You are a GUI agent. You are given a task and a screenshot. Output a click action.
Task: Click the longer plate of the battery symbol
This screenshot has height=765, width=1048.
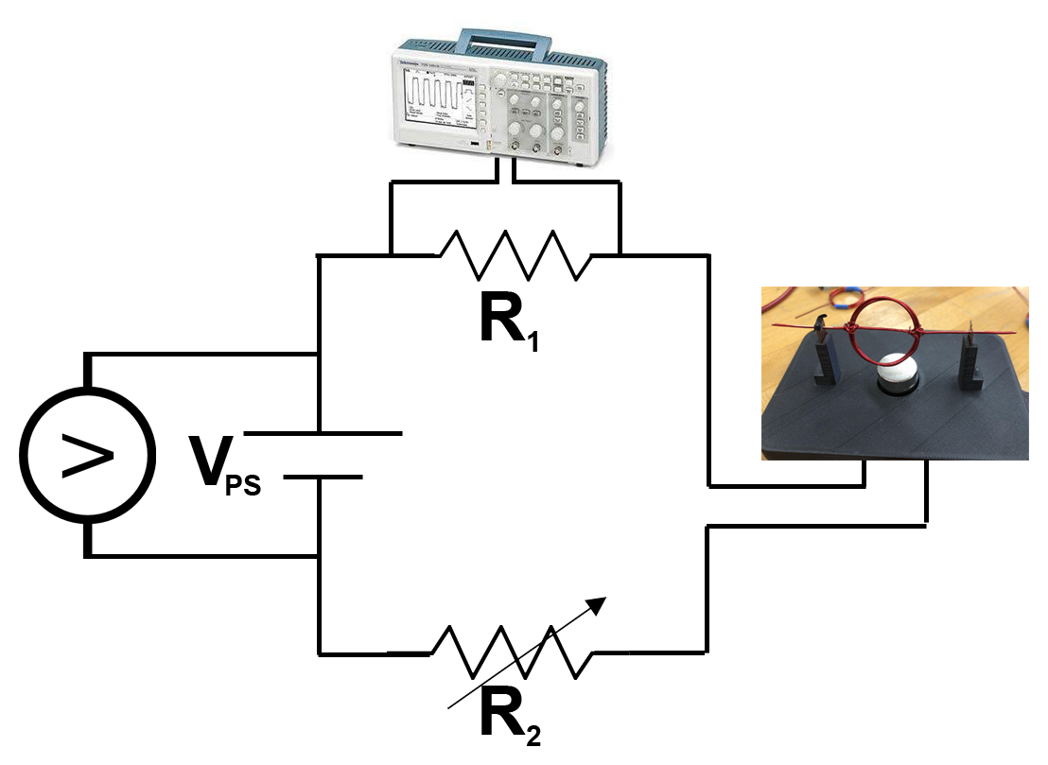(322, 434)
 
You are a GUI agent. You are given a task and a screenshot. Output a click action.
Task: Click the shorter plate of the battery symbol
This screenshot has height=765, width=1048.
(322, 477)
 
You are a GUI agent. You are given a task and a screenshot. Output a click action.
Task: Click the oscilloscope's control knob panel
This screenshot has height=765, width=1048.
(540, 109)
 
